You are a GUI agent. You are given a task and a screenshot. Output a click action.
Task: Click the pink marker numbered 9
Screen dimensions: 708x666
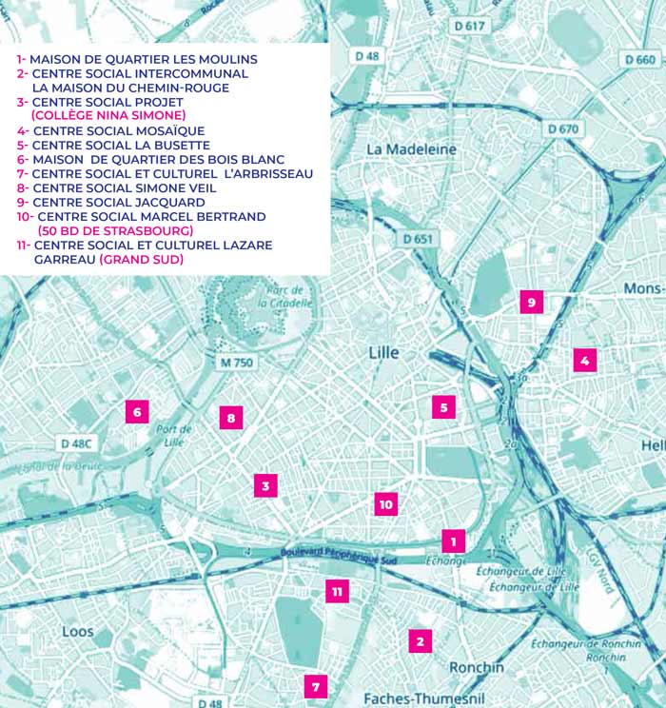pos(532,303)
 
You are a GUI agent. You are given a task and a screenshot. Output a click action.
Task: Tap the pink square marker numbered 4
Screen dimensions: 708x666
pos(584,360)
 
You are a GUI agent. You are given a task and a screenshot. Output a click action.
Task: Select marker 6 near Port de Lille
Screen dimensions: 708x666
pos(138,411)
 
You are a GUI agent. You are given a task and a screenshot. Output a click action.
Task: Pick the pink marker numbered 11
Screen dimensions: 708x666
pos(337,591)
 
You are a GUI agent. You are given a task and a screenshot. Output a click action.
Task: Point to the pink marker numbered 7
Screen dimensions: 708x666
pos(316,685)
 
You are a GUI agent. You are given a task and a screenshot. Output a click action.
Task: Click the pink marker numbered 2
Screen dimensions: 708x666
pos(420,640)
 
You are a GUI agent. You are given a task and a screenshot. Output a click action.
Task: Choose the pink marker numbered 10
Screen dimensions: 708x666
pos(385,504)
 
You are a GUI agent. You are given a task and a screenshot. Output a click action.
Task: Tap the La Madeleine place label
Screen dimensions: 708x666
pos(411,149)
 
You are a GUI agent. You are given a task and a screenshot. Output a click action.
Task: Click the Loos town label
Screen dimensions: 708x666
pos(78,632)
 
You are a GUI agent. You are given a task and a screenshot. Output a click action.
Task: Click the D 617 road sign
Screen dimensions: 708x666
pos(469,27)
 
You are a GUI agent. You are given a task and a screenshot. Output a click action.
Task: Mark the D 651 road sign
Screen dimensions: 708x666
pos(418,239)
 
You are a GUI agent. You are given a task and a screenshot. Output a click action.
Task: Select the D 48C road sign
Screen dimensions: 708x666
pos(79,443)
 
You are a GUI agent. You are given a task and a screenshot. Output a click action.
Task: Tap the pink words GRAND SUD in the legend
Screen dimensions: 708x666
pos(142,259)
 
